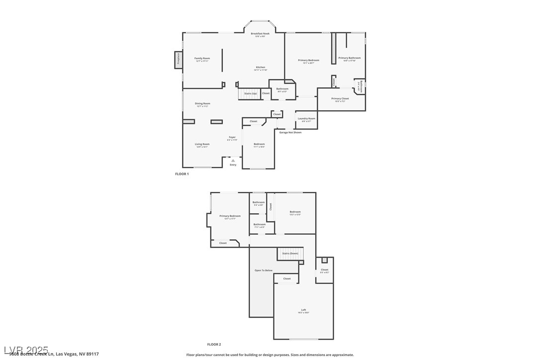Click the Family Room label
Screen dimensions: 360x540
pyautogui.click(x=202, y=58)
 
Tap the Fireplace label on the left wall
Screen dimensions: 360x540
pyautogui.click(x=178, y=59)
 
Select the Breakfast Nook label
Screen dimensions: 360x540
pyautogui.click(x=260, y=33)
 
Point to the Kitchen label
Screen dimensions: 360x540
pyautogui.click(x=261, y=67)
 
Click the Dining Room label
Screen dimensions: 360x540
pyautogui.click(x=202, y=103)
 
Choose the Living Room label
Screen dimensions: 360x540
pyautogui.click(x=202, y=144)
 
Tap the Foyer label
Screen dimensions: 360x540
pyautogui.click(x=232, y=137)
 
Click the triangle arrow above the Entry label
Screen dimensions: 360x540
pyautogui.click(x=233, y=160)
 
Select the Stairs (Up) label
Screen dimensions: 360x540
pyautogui.click(x=251, y=93)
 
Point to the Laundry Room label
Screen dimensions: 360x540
pyautogui.click(x=306, y=118)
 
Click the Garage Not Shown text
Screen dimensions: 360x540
pyautogui.click(x=290, y=132)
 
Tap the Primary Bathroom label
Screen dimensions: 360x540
pyautogui.click(x=350, y=58)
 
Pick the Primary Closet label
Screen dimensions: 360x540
pyautogui.click(x=340, y=98)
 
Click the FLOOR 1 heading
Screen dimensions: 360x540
pyautogui.click(x=182, y=174)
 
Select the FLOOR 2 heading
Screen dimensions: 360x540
pyautogui.click(x=214, y=344)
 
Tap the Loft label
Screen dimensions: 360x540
pyautogui.click(x=303, y=310)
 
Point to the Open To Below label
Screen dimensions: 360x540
pyautogui.click(x=264, y=270)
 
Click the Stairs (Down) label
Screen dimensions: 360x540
pyautogui.click(x=290, y=254)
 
